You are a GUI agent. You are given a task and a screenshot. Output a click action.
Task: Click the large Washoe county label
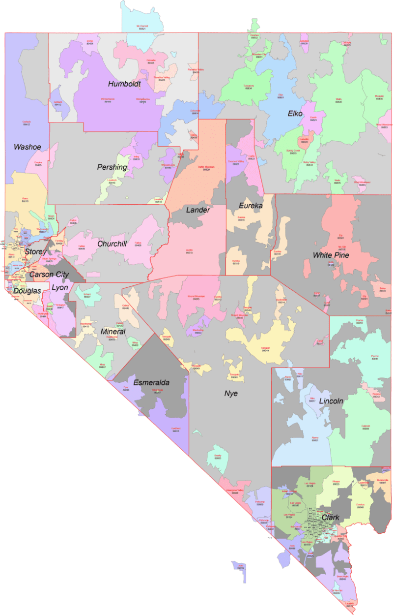click(x=28, y=147)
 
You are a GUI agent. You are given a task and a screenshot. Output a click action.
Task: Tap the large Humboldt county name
click(x=124, y=84)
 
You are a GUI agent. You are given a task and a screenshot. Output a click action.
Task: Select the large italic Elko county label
click(x=298, y=114)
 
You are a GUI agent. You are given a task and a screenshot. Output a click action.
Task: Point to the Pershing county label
click(x=112, y=167)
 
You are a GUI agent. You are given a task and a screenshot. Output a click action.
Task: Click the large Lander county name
click(x=198, y=210)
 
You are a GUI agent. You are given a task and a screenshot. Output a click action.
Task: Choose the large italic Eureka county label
click(x=251, y=205)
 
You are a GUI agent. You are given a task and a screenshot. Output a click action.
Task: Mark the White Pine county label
click(x=331, y=255)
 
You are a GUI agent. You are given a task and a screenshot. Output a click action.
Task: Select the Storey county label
click(x=35, y=252)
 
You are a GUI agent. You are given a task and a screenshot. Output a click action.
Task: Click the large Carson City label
click(x=49, y=275)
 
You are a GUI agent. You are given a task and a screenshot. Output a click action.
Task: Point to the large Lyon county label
click(x=60, y=287)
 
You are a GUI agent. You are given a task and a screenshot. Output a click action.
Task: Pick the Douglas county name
click(x=28, y=291)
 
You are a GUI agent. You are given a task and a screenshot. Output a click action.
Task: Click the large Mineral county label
click(x=113, y=332)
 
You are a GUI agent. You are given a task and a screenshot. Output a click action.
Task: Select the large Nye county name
click(x=231, y=393)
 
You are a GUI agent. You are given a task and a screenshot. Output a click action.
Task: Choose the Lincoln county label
click(x=331, y=401)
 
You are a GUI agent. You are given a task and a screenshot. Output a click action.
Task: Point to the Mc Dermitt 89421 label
click(x=142, y=27)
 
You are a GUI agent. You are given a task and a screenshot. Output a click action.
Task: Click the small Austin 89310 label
click(x=189, y=251)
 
